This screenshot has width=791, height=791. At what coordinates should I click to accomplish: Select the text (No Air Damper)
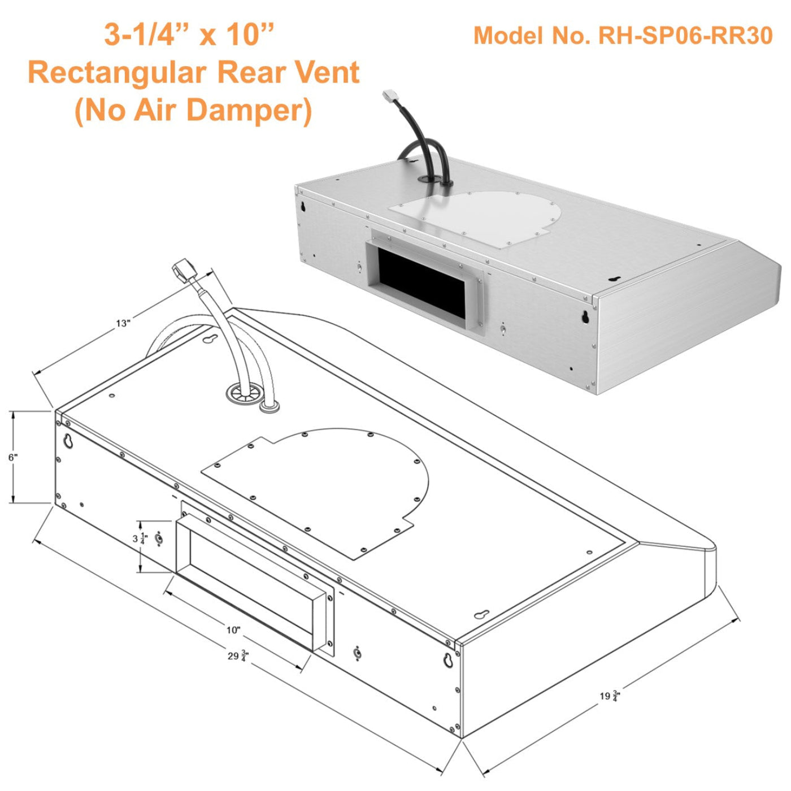click(x=193, y=110)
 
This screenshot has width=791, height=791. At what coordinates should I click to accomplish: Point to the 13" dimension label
click(x=123, y=323)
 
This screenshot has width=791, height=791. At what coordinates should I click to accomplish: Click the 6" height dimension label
click(x=12, y=457)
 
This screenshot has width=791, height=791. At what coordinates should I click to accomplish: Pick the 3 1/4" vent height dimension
click(x=140, y=539)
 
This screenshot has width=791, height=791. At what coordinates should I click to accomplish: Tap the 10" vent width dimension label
click(x=233, y=630)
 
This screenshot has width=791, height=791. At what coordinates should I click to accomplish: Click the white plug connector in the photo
click(x=390, y=95)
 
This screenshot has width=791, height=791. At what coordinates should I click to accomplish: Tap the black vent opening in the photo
click(x=421, y=286)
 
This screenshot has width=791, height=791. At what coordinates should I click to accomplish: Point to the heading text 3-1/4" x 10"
click(x=189, y=35)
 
